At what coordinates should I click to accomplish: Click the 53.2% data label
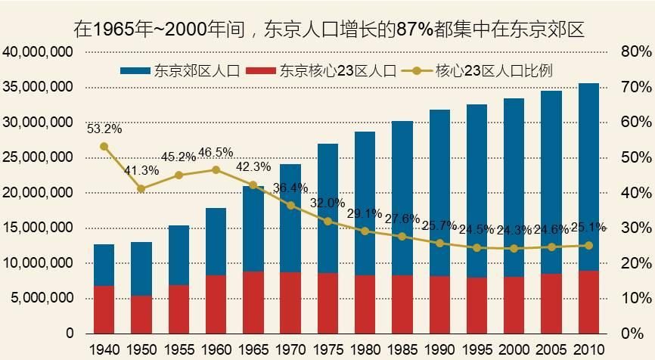(x=104, y=129)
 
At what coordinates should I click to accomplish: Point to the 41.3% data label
(x=141, y=170)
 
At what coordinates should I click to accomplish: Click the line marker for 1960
(x=216, y=170)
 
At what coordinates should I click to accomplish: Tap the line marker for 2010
(x=588, y=245)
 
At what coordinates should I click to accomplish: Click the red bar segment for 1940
(x=104, y=309)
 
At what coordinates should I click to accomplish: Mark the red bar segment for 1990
(x=439, y=305)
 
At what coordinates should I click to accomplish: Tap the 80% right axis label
(x=635, y=52)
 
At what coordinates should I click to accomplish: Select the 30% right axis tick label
(x=635, y=228)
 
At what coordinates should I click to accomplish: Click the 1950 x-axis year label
(x=141, y=349)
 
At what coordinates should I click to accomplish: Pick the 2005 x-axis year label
(x=551, y=349)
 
